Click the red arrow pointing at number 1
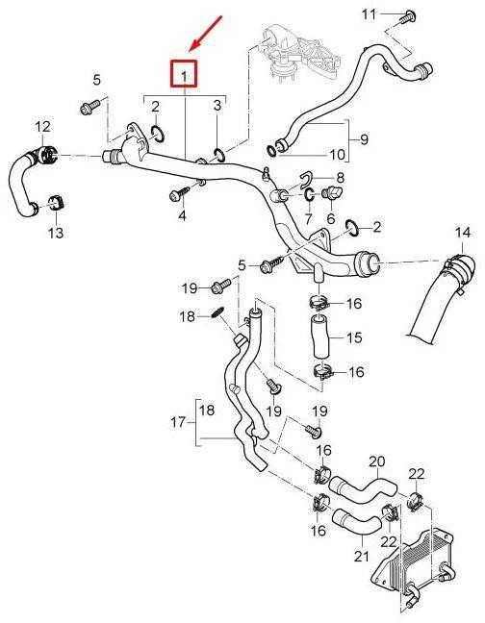(206, 33)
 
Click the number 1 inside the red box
(184, 76)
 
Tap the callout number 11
(369, 15)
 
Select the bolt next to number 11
(408, 17)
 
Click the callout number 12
(43, 127)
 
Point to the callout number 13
(56, 233)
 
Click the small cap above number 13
(56, 204)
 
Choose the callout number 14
(462, 233)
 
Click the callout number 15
(354, 337)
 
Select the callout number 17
(178, 422)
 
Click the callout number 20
(377, 461)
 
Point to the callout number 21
(362, 557)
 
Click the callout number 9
(364, 139)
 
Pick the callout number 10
(337, 154)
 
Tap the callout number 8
(341, 178)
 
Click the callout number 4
(182, 215)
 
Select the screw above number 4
(180, 193)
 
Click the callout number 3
(217, 106)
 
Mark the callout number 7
(309, 218)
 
